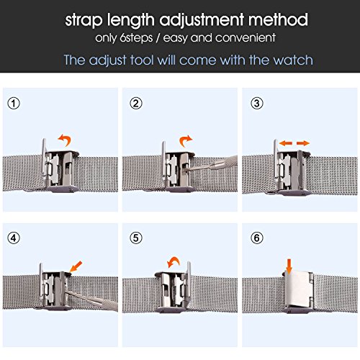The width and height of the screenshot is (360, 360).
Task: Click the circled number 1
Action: [x=14, y=104]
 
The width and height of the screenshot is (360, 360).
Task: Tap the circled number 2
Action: [x=136, y=104]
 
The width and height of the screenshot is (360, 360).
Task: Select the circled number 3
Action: [x=256, y=104]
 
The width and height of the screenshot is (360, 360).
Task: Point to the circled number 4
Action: [x=14, y=238]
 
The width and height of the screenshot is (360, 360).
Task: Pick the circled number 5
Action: [x=136, y=238]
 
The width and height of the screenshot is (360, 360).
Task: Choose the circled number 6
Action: [x=256, y=238]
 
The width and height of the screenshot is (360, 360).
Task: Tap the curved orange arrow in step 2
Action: [x=185, y=139]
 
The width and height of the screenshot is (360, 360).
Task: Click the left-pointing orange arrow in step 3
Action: [x=286, y=143]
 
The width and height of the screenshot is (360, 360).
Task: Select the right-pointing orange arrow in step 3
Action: [x=303, y=143]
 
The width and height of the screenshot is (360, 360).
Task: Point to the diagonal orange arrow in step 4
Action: [x=76, y=266]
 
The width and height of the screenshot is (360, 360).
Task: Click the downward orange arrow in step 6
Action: [x=289, y=266]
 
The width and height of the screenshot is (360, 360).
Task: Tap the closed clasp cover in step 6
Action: [x=297, y=289]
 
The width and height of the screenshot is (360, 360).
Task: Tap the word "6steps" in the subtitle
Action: [x=136, y=38]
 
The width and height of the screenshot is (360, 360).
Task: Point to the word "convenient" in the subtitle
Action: [x=246, y=37]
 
